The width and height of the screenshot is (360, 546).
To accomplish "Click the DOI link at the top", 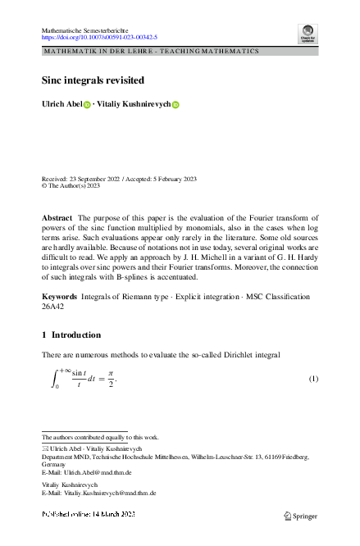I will click(x=99, y=37).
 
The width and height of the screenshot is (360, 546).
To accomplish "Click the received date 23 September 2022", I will click(x=92, y=178).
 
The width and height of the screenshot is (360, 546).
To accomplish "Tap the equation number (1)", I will click(x=312, y=379).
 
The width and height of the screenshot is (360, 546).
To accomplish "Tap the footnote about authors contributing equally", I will click(x=100, y=437).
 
